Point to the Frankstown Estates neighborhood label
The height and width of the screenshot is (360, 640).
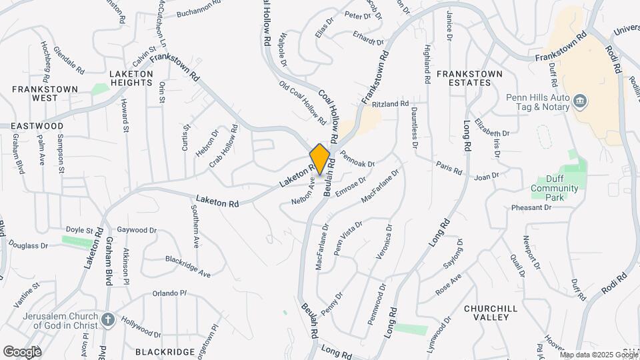(x=464, y=77)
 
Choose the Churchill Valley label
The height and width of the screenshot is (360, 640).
(x=495, y=313)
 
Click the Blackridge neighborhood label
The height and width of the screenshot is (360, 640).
(x=159, y=351)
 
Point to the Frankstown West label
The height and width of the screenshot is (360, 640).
(x=45, y=93)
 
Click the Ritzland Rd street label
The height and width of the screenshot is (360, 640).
(x=390, y=104)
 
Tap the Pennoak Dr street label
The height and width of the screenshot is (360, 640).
(x=357, y=159)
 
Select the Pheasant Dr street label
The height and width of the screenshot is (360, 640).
(x=531, y=207)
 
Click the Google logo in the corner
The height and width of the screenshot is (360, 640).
(x=22, y=351)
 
